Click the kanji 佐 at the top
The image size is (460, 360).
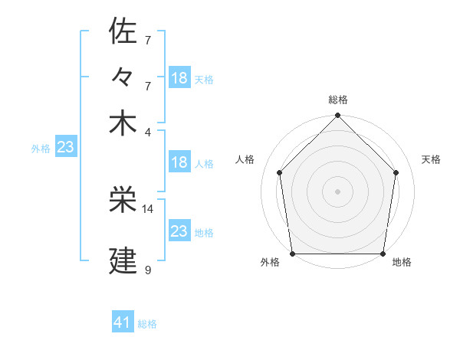point(123,31)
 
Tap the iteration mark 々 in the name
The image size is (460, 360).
point(123,77)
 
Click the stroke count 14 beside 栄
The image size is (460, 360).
point(148,208)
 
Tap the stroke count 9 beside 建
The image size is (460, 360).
point(147,270)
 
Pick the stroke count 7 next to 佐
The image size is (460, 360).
point(147,39)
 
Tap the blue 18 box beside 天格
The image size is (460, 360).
point(179,77)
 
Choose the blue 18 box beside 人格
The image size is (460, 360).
point(179,162)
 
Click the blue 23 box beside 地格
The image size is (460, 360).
point(179,231)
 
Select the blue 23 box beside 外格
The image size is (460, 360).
point(65,147)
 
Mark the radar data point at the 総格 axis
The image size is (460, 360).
point(337,116)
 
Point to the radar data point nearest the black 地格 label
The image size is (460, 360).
point(383,254)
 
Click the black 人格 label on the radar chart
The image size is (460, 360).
point(245,159)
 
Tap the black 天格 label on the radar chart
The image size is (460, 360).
point(432,159)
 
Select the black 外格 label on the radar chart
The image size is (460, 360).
point(270,263)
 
